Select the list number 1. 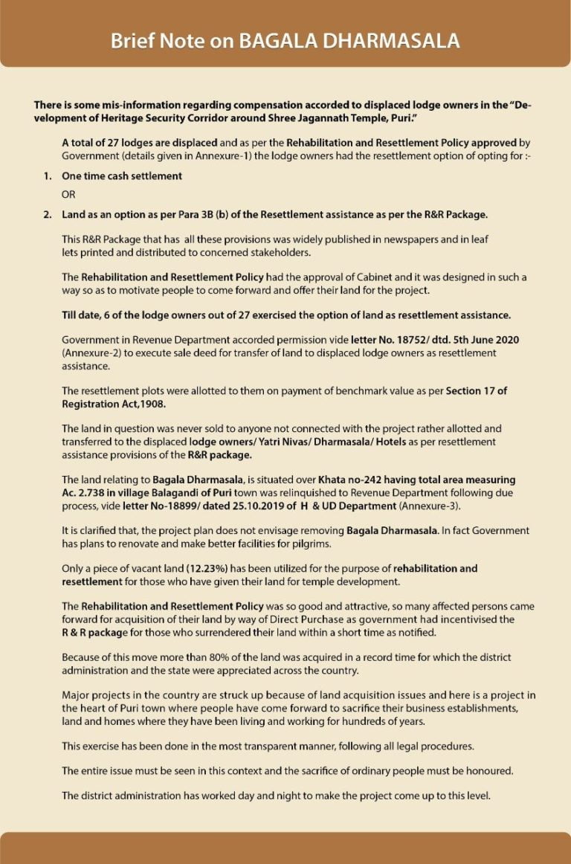click(x=47, y=176)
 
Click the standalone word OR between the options click(x=68, y=195)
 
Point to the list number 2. click(x=47, y=215)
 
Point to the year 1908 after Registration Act click(x=149, y=403)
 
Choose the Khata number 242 click(x=357, y=480)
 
